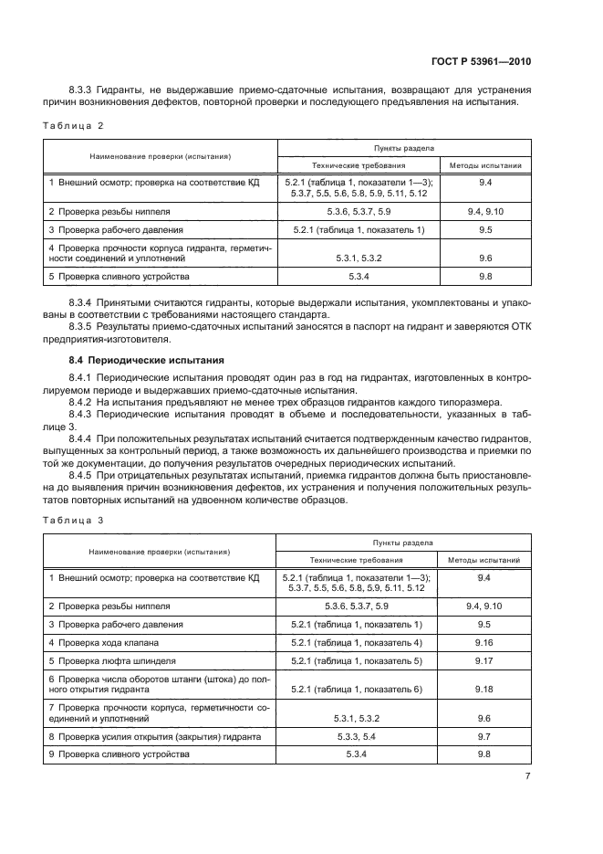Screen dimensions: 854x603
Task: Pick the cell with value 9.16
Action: [x=484, y=642]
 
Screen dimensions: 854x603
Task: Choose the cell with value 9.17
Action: [x=484, y=660]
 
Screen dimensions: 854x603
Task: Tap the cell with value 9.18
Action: [x=484, y=689]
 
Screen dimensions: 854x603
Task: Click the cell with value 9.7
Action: [x=484, y=736]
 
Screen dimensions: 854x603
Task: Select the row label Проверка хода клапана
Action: [x=110, y=642]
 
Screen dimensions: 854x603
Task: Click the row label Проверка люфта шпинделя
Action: [x=116, y=660]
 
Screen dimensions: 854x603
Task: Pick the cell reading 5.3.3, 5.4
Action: [x=357, y=736]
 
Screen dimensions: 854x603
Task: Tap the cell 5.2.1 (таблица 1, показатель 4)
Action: [x=357, y=642]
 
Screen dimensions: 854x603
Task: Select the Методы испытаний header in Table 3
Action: [x=484, y=561]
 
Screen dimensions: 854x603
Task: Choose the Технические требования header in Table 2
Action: [x=357, y=165]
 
